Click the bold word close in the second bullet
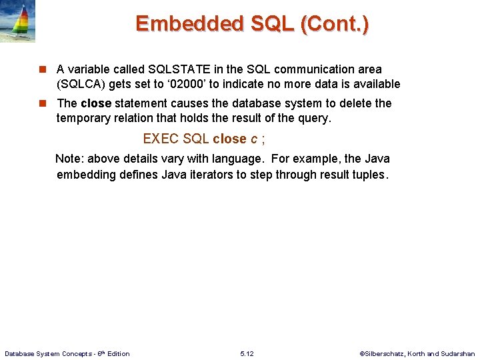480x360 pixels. [96, 104]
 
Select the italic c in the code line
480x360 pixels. [253, 139]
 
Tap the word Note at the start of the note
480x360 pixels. [69, 159]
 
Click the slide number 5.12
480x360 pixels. [246, 353]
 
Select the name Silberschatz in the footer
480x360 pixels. [387, 353]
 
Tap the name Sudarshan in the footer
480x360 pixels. [458, 353]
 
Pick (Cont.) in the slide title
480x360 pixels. [335, 24]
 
